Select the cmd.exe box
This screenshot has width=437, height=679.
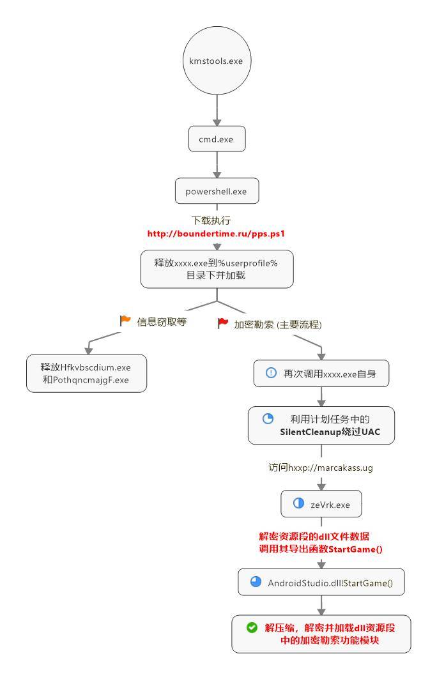tap(217, 139)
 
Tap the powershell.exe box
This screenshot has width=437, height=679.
tap(217, 190)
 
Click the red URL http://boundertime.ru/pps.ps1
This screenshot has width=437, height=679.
tap(216, 234)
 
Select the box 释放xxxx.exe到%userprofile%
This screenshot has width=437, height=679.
tap(217, 269)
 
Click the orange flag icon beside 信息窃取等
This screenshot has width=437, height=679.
tap(125, 321)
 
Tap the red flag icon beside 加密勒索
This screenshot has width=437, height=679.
tap(223, 323)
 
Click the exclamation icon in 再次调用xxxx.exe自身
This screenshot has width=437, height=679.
tap(271, 372)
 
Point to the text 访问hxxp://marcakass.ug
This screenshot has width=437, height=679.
tap(320, 467)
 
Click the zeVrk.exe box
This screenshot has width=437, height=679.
tap(321, 504)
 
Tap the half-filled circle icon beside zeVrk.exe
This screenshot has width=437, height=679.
tap(298, 503)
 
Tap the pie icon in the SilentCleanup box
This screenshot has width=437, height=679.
tap(268, 419)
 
